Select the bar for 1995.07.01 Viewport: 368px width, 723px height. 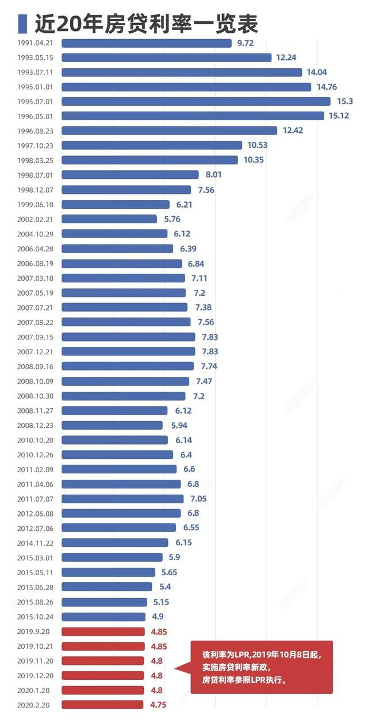[196, 101]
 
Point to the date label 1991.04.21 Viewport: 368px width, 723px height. [36, 43]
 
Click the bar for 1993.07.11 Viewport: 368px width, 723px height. [182, 72]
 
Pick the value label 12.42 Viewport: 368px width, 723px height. [293, 131]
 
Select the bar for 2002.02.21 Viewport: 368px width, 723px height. [109, 219]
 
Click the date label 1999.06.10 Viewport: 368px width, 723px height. [36, 205]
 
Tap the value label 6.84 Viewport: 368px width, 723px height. [195, 263]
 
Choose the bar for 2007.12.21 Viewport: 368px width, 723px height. [128, 351]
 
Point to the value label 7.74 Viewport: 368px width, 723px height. [209, 366]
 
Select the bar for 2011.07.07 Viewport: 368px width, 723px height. [122, 499]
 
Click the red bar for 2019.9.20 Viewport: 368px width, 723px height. [103, 632]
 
